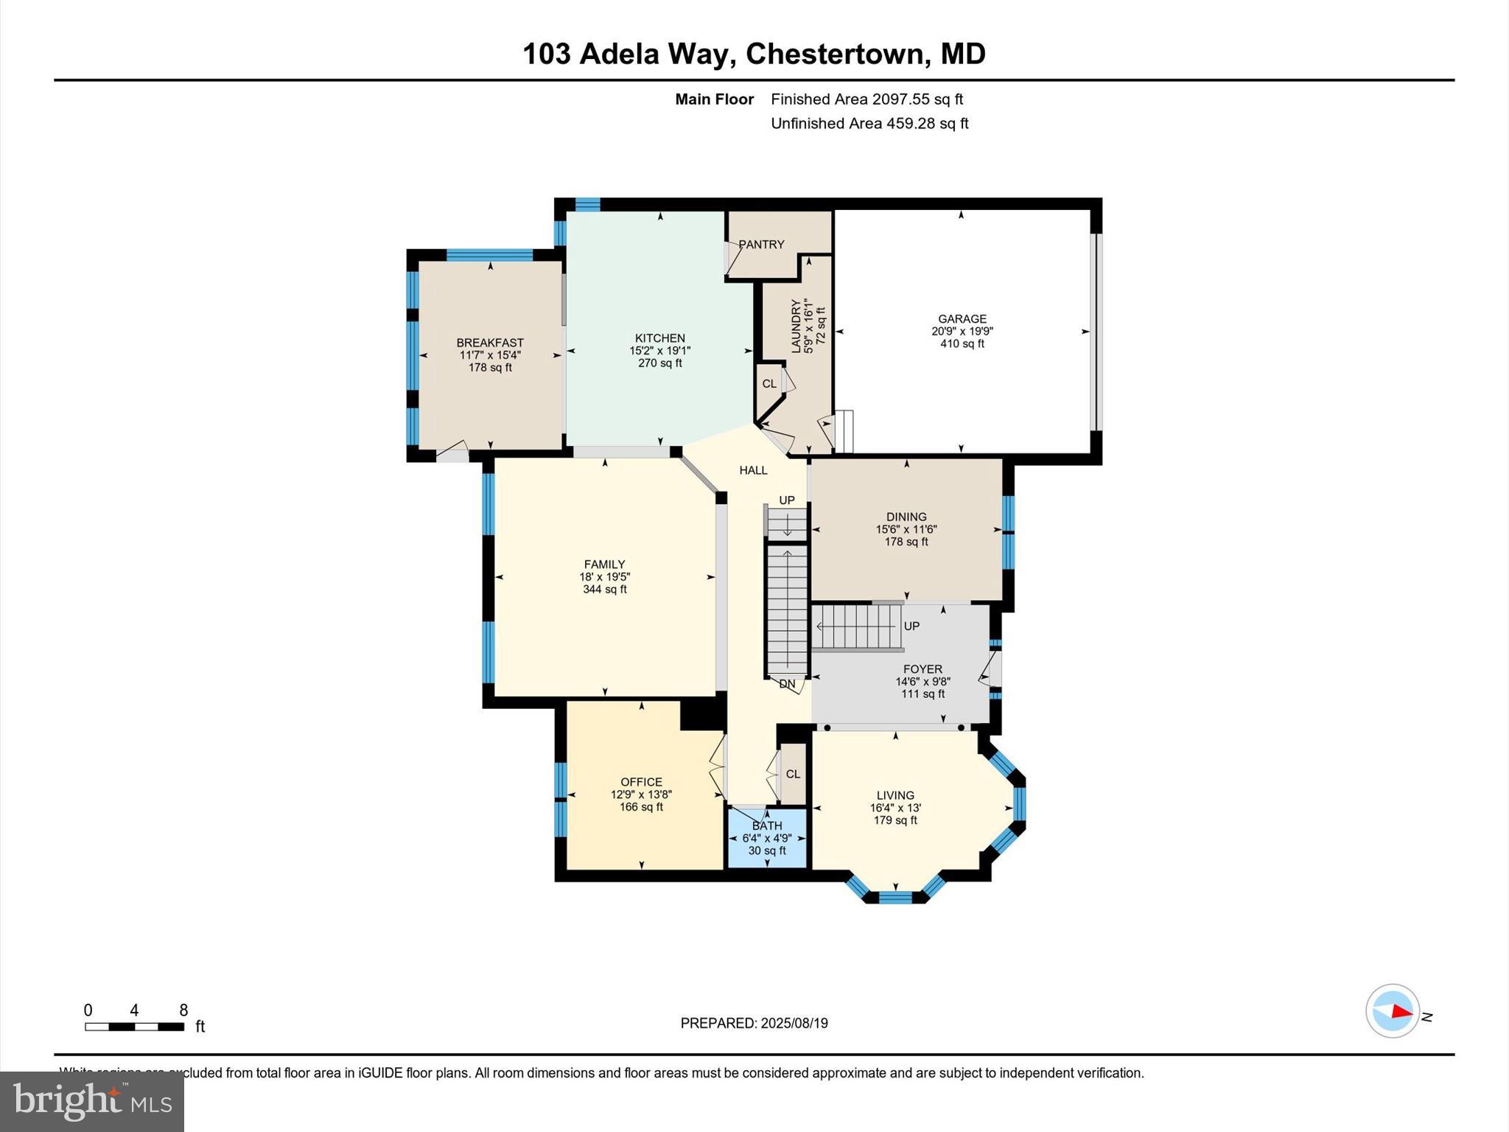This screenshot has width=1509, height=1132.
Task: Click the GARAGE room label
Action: coord(962,319)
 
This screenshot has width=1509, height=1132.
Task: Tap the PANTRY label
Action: coord(761,245)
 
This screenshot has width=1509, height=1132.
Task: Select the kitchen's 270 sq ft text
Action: coord(659,363)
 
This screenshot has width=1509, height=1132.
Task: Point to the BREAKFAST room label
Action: coord(490,343)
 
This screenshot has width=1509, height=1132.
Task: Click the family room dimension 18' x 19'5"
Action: coord(605,577)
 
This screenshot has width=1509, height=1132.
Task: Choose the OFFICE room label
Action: coord(641,782)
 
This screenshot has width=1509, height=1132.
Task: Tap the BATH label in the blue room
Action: coord(767,825)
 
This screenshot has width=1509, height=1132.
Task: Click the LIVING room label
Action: coord(895,795)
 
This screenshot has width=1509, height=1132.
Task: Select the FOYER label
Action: coord(922,669)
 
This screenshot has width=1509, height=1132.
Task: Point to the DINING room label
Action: coord(906,517)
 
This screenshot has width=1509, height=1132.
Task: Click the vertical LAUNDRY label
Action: coord(796,326)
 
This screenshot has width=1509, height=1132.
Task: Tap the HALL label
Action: coord(753,470)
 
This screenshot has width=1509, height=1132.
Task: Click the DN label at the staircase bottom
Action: coord(787,684)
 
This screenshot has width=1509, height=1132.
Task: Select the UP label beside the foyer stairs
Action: coord(911,626)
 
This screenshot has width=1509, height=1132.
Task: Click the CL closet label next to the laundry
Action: coord(769,384)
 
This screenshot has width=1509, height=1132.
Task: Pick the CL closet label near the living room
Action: coord(793,774)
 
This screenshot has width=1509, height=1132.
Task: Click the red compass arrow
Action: coord(1401,1012)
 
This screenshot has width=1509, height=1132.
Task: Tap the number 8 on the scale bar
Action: coord(183,1010)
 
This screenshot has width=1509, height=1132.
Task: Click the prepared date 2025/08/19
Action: coord(794,1023)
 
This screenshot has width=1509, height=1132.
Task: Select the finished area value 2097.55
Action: coord(897,99)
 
